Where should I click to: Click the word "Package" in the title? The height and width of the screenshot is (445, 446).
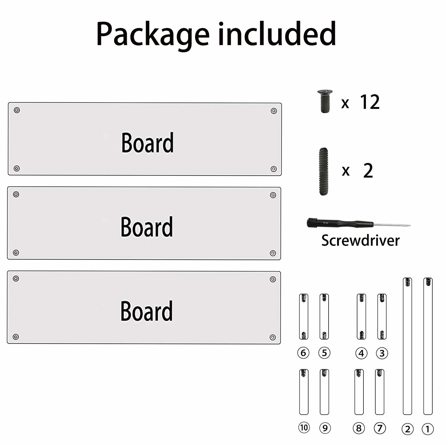[x=153, y=35]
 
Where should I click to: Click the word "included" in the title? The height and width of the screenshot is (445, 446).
[x=277, y=33]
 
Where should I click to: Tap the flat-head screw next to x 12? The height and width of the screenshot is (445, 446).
[x=325, y=101]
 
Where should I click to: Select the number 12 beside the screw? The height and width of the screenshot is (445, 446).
[x=370, y=102]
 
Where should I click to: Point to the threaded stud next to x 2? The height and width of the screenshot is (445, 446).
[x=323, y=171]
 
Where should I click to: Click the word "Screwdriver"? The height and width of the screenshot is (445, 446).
[x=360, y=240]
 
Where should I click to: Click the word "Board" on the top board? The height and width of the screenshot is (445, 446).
[x=147, y=143]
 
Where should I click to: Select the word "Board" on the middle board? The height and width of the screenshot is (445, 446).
[x=147, y=227]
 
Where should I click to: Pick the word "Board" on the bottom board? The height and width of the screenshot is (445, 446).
[x=147, y=311]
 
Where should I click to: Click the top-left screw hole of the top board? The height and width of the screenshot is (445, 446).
[x=17, y=110]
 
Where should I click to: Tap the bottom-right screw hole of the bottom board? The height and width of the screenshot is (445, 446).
[x=273, y=337]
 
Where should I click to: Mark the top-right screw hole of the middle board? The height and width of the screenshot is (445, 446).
[x=273, y=195]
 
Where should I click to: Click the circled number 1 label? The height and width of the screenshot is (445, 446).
[x=428, y=429]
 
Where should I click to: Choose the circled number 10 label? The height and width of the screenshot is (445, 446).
[x=304, y=427]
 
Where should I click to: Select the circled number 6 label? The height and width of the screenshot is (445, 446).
[x=303, y=353]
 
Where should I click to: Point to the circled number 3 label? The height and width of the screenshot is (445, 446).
[x=382, y=353]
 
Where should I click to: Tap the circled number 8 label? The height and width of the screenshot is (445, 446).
[x=359, y=428]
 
